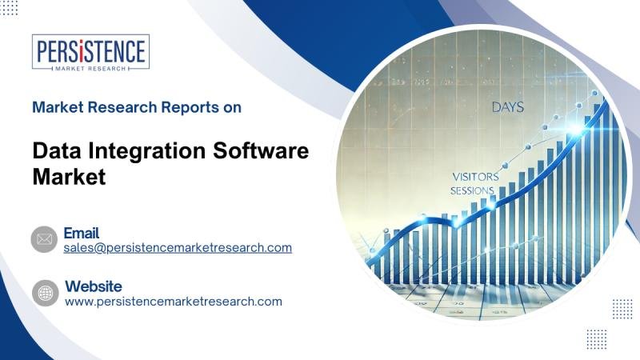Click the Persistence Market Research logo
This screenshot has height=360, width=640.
click(90, 52)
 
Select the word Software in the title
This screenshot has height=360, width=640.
click(261, 150)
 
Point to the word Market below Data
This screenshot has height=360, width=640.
click(69, 177)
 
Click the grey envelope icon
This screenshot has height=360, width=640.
click(44, 239)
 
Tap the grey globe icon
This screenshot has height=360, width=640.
click(46, 293)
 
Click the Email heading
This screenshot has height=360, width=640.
click(82, 233)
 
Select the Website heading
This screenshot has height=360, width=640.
click(94, 286)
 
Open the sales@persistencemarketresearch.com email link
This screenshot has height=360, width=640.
click(178, 248)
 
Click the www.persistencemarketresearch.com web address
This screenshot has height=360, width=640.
click(174, 302)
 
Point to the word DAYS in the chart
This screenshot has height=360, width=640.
click(508, 107)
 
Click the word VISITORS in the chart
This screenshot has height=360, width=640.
click(475, 177)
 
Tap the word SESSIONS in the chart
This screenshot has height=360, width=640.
click(472, 190)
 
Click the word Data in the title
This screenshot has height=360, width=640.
click(58, 150)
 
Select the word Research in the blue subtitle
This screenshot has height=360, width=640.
click(122, 107)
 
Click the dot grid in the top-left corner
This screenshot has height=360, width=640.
click(9, 8)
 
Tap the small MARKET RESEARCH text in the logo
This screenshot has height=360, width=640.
click(90, 69)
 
